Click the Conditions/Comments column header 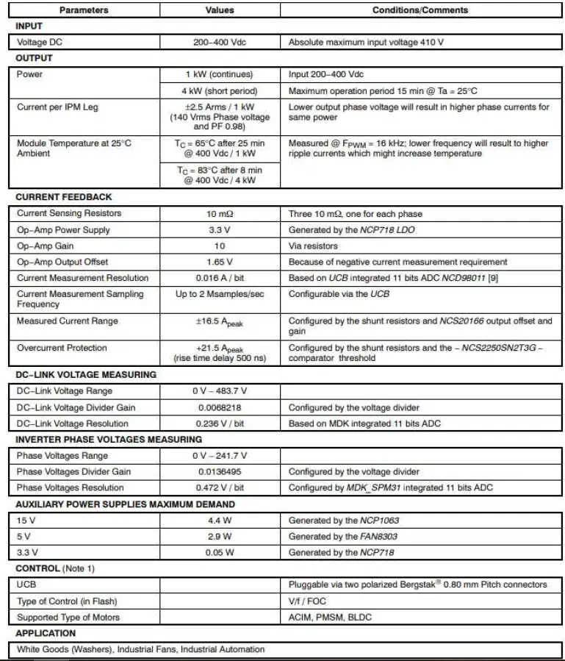point(420,10)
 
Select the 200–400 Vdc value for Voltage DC point(220,42)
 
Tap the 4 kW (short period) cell point(220,90)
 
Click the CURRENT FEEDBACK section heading point(63,197)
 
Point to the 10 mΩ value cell point(220,213)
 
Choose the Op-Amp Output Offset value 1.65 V point(220,262)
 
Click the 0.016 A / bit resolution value point(220,278)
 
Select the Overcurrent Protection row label point(62,348)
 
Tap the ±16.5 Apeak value point(220,321)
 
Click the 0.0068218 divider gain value point(220,407)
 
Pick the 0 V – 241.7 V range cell point(220,456)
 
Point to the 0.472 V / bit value point(220,488)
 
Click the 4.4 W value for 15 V point(220,521)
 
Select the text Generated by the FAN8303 point(343,537)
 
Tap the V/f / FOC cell point(306,601)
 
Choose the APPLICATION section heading point(46,633)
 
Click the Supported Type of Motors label point(68,618)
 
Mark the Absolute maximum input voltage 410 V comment point(366,42)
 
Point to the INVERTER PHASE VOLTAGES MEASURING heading point(109,440)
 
